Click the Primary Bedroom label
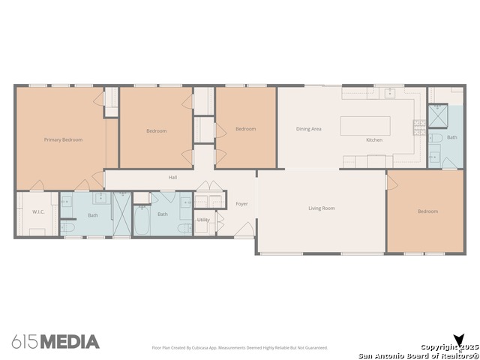(63, 140)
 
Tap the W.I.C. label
(38, 211)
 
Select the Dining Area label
(308, 129)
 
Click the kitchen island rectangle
(365, 126)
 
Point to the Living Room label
(322, 208)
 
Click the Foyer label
(241, 204)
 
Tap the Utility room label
(203, 220)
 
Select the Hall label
(172, 177)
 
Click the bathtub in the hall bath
(142, 220)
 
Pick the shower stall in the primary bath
(122, 214)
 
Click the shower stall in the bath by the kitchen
(438, 115)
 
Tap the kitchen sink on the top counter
(390, 92)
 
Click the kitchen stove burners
(419, 127)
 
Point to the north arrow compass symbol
(459, 340)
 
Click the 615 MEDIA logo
(55, 342)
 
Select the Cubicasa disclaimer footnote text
(240, 348)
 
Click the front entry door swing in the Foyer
(244, 229)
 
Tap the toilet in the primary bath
(67, 227)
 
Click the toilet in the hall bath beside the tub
(185, 228)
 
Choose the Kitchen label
(374, 140)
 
